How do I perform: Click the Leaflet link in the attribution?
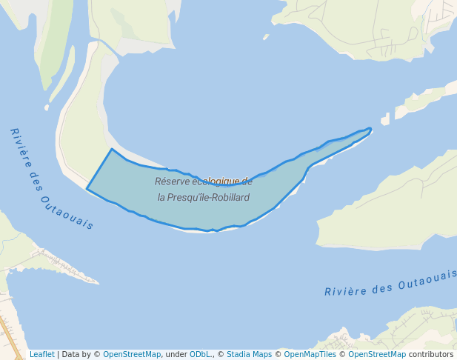click(x=41, y=354)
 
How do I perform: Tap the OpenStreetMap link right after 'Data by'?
click(x=131, y=354)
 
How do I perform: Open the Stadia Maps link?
click(x=249, y=354)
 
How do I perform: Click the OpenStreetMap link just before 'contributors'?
click(x=378, y=354)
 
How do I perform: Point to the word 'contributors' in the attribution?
click(x=431, y=354)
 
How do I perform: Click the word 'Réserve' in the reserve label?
click(x=171, y=181)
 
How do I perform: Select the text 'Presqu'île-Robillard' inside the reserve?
click(x=210, y=198)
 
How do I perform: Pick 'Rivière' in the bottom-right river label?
click(x=342, y=290)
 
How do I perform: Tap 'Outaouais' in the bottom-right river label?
click(x=427, y=280)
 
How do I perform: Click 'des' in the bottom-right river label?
click(x=380, y=286)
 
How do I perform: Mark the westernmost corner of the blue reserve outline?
click(x=87, y=189)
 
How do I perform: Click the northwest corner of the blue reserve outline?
click(x=112, y=150)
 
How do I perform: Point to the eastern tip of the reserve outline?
click(x=370, y=129)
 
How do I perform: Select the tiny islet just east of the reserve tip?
click(x=385, y=119)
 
